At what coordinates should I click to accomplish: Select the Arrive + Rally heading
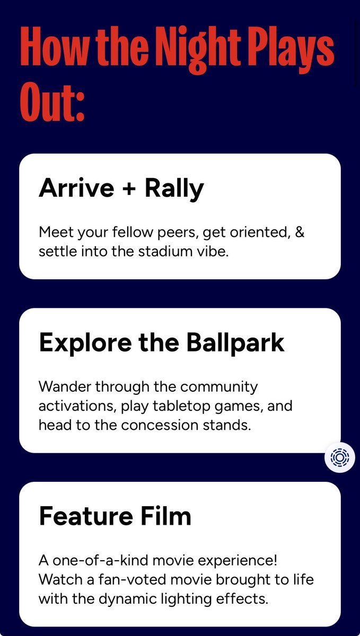click(x=121, y=188)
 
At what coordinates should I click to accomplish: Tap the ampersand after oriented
click(x=299, y=232)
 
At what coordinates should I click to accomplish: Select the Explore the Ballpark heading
click(x=162, y=343)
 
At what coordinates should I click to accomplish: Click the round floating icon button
click(x=340, y=457)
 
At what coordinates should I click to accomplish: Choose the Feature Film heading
click(x=115, y=516)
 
